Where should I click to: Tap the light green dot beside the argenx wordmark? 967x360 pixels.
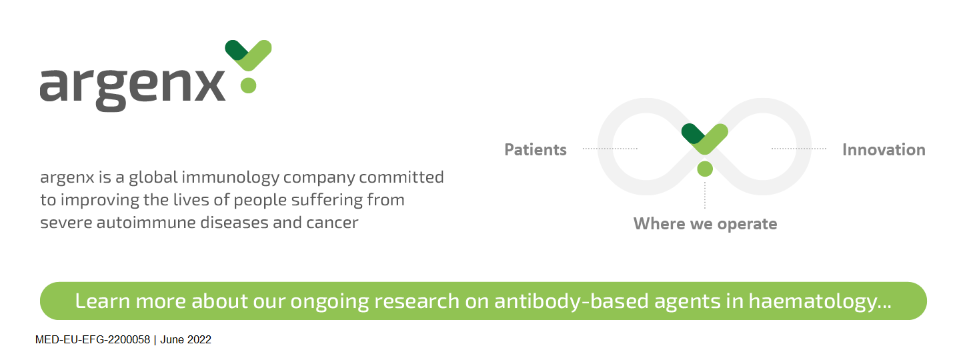tap(248, 85)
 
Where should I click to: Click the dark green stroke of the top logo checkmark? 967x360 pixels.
tap(235, 50)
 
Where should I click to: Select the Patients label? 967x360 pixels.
tap(536, 149)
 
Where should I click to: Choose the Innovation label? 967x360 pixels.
tap(884, 149)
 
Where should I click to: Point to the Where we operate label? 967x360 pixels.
tap(705, 223)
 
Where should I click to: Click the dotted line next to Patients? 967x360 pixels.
tap(610, 149)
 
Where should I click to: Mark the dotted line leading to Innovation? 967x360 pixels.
tap(799, 149)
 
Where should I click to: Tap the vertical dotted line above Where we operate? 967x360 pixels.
tap(705, 195)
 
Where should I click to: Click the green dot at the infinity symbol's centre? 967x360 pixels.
tap(705, 169)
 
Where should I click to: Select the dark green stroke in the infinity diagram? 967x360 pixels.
tap(692, 133)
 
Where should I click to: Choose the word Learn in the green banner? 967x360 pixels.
tap(102, 301)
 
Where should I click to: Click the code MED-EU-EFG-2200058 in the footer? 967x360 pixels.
tap(93, 340)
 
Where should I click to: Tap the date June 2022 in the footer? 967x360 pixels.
tap(185, 340)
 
